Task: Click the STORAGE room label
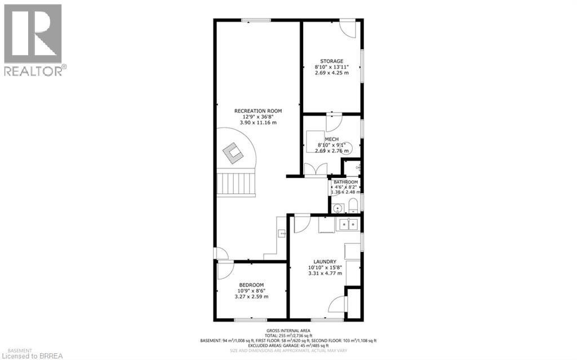(331, 61)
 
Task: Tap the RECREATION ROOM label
(258, 110)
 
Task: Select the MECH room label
(331, 139)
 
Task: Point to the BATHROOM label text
(345, 182)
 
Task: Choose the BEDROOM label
(251, 285)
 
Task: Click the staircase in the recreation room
(236, 184)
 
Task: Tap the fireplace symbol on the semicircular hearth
(231, 151)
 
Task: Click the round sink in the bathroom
(338, 208)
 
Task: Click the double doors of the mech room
(314, 168)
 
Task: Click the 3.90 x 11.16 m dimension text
(258, 123)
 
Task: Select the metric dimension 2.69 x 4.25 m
(331, 73)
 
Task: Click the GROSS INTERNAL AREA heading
(288, 330)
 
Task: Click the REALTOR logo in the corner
(33, 39)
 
